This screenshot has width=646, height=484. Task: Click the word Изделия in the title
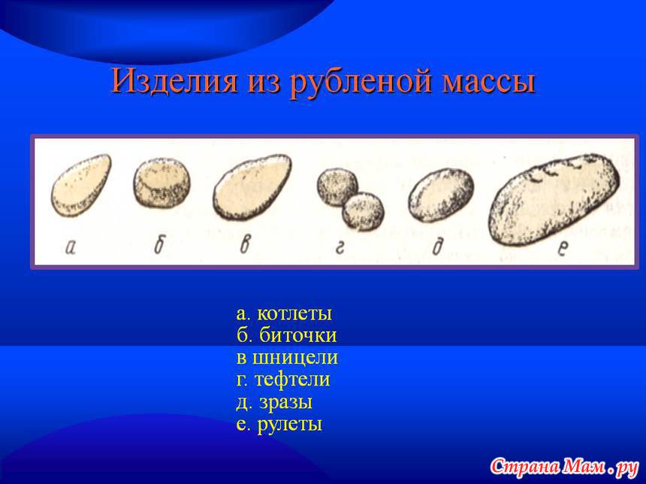(x=175, y=80)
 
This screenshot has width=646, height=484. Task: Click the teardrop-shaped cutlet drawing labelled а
(x=81, y=185)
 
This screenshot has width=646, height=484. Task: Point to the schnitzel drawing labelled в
(x=252, y=186)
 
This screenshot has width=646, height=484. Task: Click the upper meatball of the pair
(x=337, y=186)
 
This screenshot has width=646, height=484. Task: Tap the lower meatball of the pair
(x=363, y=211)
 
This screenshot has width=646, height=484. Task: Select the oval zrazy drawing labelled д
(x=441, y=195)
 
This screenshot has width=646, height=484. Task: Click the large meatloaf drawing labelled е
(x=554, y=200)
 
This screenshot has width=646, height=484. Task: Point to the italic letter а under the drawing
(x=71, y=247)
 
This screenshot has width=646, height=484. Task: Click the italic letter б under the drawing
(x=159, y=245)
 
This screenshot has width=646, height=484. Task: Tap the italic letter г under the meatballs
(x=340, y=247)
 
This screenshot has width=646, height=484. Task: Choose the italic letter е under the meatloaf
(x=563, y=248)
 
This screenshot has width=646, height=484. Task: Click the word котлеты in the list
(x=294, y=313)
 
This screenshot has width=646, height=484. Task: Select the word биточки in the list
(x=298, y=335)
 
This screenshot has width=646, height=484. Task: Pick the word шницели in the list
(x=295, y=358)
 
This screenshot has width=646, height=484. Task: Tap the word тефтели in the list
(x=292, y=380)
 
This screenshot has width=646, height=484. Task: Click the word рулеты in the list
(x=290, y=425)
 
